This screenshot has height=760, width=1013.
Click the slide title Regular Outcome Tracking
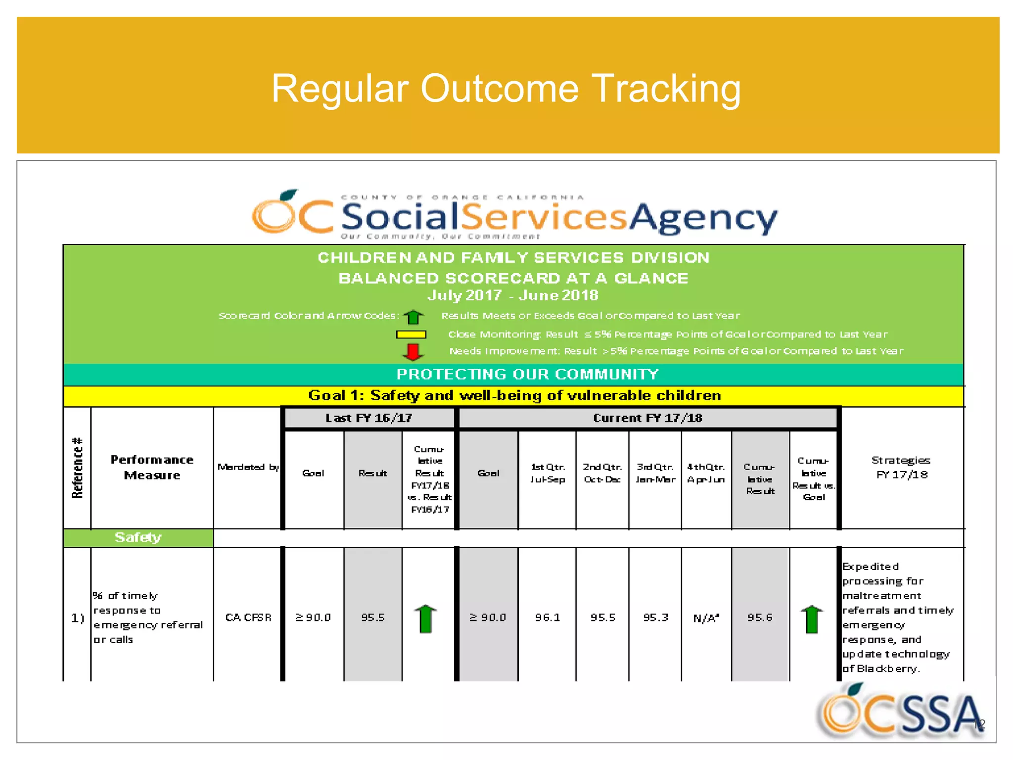pos(506,89)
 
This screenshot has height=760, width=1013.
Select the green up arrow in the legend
pos(414,316)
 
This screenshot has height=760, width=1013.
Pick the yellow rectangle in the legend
pos(411,334)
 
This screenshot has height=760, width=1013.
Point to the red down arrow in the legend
pos(413,352)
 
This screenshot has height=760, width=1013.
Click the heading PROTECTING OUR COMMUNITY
pos(527,375)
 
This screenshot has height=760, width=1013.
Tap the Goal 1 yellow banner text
pos(514,396)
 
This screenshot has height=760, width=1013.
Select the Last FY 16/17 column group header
pos(368,418)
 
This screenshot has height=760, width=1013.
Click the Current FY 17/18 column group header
pos(647,418)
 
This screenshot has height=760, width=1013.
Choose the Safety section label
pos(138,537)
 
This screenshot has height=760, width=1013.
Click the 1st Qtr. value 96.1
pos(547,617)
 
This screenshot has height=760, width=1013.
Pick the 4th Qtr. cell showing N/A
pos(706,618)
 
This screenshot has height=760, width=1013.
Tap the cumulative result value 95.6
pos(760,617)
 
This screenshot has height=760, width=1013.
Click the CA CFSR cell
pos(248,617)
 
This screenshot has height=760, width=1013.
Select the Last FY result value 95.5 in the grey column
pos(373,617)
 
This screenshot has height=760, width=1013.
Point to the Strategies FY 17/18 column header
pos(901,467)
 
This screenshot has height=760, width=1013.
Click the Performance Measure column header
pos(152,467)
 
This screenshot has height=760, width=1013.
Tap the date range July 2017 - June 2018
pos(513,295)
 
